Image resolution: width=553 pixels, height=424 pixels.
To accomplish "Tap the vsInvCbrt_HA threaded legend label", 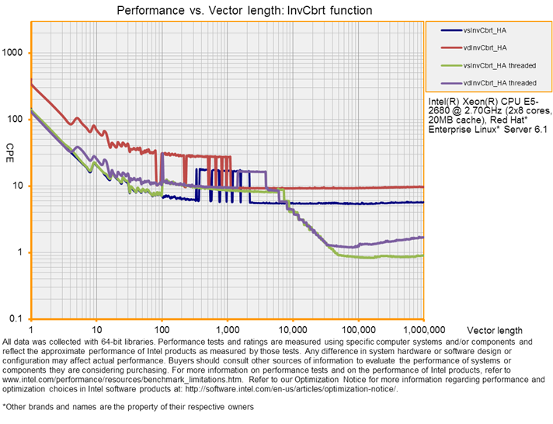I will click(x=499, y=65).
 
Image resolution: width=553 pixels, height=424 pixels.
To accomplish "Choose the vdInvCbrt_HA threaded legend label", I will click(x=499, y=82).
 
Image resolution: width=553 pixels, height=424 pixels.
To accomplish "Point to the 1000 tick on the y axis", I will click(x=15, y=53).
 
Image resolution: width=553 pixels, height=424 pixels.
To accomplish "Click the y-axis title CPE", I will click(x=10, y=148).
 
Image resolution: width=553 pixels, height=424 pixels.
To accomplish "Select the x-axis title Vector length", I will click(x=506, y=331).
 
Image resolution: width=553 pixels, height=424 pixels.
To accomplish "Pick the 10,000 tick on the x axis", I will click(x=292, y=329).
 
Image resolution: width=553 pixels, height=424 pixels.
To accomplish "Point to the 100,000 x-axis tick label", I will click(x=358, y=329).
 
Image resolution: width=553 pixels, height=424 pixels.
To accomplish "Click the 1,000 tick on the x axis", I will click(x=228, y=329).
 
